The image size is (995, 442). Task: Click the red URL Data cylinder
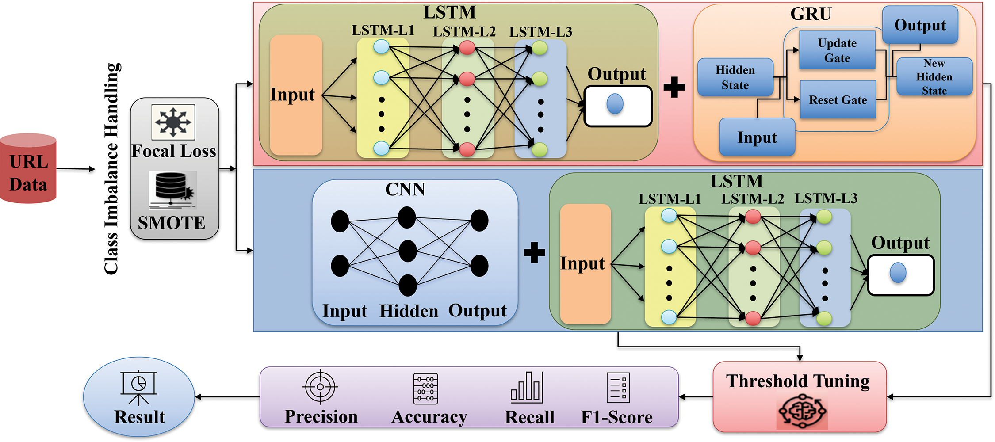pos(28,168)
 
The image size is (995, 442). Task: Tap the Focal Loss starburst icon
pos(173,122)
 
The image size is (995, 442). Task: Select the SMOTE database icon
pos(172,190)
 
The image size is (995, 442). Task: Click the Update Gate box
pos(837,50)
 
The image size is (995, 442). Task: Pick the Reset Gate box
pos(838,99)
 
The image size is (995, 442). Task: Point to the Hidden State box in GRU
pos(735,77)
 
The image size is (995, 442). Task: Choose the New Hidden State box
pos(934,76)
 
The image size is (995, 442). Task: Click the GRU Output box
pos(920,25)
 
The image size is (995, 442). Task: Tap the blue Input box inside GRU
pos(757,137)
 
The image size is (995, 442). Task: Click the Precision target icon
pos(320,387)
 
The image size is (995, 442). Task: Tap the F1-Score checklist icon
pos(618,388)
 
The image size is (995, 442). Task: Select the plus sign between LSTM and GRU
pos(674,87)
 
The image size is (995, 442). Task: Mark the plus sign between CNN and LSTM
pos(534,253)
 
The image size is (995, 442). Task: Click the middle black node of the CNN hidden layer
pos(408,251)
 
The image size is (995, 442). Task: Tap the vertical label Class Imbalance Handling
pos(111,168)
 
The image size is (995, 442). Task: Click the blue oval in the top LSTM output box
pos(615,104)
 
